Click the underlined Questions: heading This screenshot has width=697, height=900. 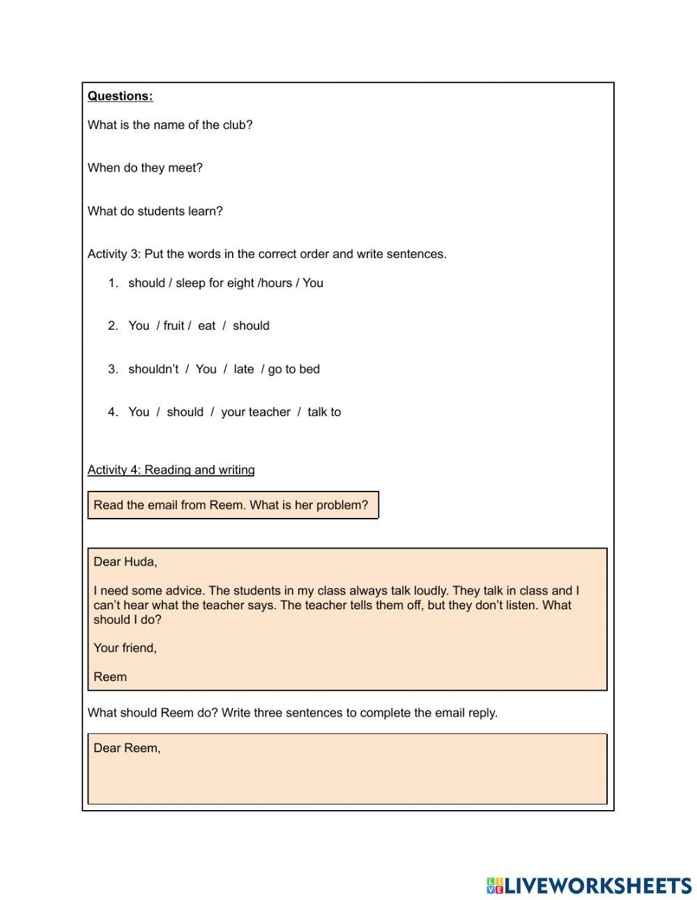coord(120,96)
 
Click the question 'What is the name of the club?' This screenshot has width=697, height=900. coord(170,125)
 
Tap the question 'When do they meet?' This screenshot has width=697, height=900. coord(145,168)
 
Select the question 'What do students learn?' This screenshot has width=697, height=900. coord(155,211)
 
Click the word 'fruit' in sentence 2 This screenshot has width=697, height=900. coord(174,326)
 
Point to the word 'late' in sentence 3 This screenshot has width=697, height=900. coord(244,369)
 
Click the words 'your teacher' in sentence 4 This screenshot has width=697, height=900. coord(255,413)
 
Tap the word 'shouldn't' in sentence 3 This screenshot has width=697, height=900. coord(153,369)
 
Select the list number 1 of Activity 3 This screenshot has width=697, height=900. coord(113,283)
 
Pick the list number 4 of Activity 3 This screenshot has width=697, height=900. coord(113,413)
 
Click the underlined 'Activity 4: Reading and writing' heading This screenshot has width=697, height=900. coord(171,470)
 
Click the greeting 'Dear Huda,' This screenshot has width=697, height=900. coord(125,562)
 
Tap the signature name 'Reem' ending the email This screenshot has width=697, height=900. coord(110,677)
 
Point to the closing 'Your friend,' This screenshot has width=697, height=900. coord(125,648)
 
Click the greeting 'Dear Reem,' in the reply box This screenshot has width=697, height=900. coord(127,749)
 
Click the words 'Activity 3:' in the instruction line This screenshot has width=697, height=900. coord(114,254)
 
